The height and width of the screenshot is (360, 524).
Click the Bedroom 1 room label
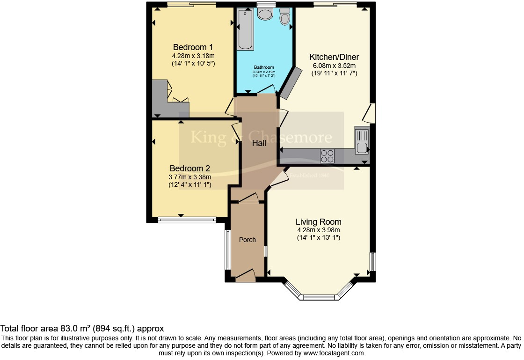point(193,47)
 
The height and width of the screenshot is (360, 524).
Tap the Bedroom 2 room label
point(189,169)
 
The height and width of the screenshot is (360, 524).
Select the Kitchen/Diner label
point(334,57)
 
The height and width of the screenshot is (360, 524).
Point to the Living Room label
point(318,222)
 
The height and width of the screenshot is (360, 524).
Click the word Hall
point(259,143)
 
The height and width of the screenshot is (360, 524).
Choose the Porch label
point(247,240)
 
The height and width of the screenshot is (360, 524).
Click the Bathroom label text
point(264,67)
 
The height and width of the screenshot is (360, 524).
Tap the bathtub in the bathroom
point(246,29)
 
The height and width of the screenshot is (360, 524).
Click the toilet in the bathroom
point(285,17)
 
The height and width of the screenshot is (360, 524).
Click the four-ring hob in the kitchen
point(327,155)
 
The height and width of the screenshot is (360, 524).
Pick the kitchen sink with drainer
point(362,140)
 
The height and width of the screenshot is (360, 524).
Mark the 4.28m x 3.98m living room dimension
point(318,230)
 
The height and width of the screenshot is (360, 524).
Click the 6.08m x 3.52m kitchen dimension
point(334,66)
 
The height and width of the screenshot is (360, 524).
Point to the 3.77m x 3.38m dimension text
point(189,177)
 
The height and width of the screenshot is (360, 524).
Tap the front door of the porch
point(245,276)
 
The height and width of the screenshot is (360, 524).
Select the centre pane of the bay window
point(319,297)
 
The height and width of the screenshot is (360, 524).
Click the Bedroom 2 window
point(187,220)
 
